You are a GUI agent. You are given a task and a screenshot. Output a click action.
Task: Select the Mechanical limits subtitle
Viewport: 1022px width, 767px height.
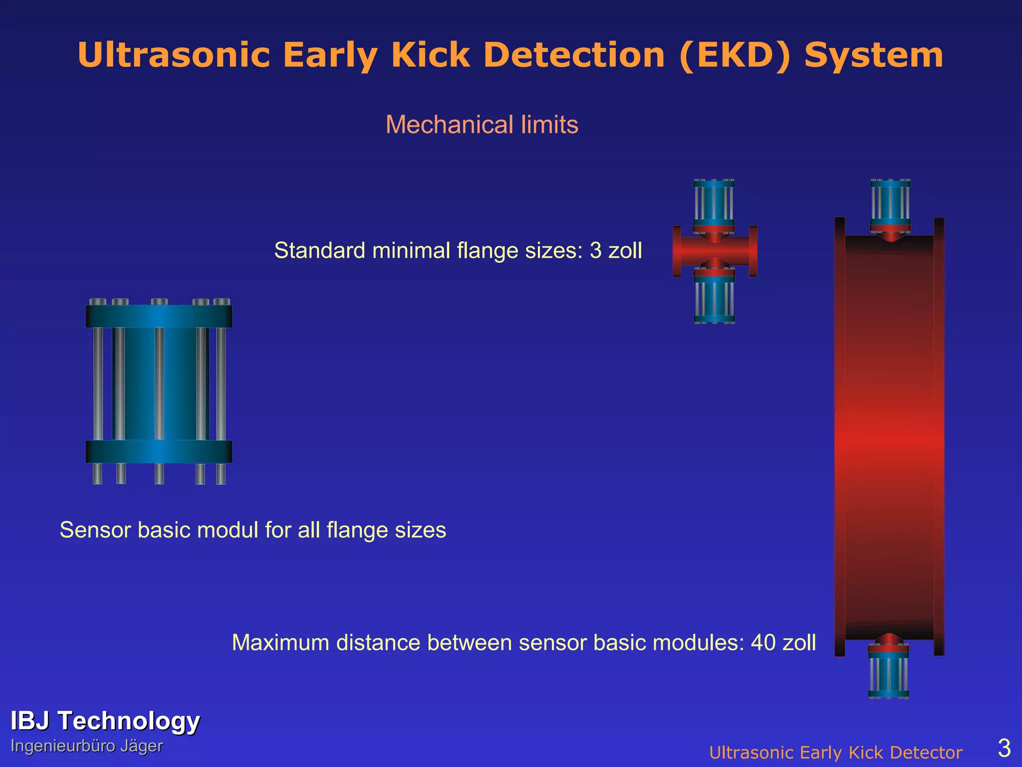(x=482, y=124)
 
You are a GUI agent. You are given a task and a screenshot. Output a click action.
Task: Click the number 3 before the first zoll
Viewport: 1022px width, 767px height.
(x=595, y=250)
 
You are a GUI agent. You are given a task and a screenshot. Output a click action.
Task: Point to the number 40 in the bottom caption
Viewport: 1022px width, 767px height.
(x=763, y=643)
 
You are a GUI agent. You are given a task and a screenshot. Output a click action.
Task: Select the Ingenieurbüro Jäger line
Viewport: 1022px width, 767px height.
(x=86, y=746)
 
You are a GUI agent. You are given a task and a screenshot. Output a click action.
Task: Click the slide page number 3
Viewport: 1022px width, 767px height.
(x=1004, y=748)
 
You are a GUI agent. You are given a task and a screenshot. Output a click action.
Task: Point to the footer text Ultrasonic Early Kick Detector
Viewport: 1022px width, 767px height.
(x=836, y=753)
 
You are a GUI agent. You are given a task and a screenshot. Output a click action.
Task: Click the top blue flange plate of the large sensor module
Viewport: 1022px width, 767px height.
(x=159, y=317)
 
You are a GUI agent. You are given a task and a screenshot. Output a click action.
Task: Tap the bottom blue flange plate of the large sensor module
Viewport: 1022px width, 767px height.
(x=159, y=451)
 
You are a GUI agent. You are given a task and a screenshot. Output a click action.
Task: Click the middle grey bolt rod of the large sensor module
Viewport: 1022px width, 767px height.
(x=159, y=383)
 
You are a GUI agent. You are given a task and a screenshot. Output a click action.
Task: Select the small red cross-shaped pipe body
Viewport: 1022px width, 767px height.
(x=715, y=251)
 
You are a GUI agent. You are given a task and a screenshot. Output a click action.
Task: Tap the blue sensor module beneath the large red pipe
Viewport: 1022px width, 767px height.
(x=888, y=672)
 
